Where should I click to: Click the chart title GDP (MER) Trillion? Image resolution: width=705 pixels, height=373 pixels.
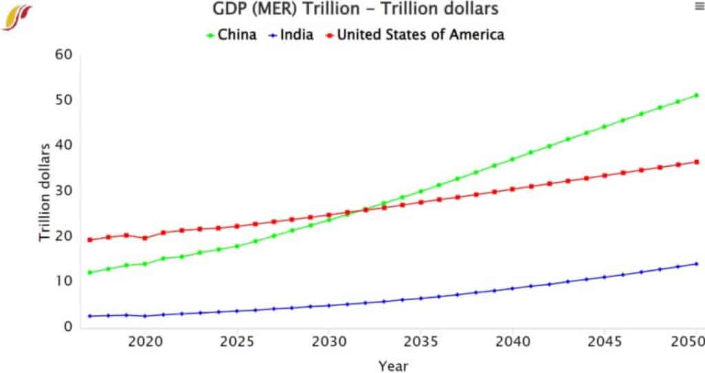tap(355, 10)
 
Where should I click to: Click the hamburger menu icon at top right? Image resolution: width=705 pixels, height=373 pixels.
tap(697, 6)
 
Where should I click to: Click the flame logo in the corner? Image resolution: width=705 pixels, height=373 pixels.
tap(17, 17)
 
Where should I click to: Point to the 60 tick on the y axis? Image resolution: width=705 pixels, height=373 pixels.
tap(63, 54)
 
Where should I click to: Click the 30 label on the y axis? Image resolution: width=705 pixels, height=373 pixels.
tap(63, 190)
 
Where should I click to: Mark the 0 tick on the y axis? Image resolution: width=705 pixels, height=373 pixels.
tap(67, 326)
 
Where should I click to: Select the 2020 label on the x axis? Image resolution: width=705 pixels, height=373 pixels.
tap(145, 341)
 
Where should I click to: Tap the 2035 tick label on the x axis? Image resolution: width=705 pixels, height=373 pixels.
tap(420, 341)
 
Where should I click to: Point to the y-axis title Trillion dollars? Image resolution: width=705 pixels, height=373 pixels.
tap(45, 192)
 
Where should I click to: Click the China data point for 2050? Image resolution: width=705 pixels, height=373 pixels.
tap(696, 95)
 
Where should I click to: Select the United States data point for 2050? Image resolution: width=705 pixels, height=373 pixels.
tap(696, 162)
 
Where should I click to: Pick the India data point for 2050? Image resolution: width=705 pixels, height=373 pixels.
tap(696, 264)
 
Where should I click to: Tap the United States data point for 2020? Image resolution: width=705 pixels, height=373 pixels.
tap(145, 238)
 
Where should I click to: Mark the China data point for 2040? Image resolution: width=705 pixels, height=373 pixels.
tap(512, 159)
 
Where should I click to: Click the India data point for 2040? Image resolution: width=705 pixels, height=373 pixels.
tap(512, 288)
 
